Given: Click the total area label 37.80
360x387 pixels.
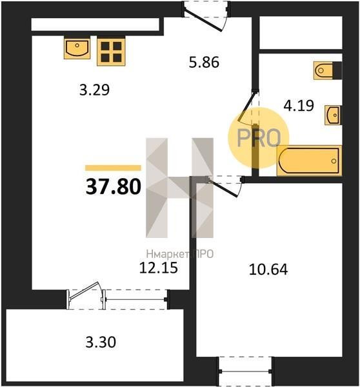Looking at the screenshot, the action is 114,186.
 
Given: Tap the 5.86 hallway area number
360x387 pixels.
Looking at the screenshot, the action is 204,62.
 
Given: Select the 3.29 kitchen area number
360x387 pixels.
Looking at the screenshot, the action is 94,90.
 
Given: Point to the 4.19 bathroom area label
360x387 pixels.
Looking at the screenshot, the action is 299,105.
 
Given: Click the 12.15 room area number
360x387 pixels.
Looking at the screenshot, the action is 159,268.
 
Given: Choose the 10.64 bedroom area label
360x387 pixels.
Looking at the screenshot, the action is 268,269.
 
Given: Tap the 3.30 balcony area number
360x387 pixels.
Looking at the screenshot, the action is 101,342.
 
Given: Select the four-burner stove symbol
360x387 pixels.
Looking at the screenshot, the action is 111,52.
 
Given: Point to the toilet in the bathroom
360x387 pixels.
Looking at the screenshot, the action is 327,70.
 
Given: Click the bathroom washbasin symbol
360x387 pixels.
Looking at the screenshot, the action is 333,115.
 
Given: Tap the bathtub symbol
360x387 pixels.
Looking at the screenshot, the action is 309,161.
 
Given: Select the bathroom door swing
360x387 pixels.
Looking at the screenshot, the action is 248,106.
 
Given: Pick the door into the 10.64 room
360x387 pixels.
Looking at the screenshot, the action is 224,186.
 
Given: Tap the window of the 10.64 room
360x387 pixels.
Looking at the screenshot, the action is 245,372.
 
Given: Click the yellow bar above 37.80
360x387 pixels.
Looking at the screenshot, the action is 113,168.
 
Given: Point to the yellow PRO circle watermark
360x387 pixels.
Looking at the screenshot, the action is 258,138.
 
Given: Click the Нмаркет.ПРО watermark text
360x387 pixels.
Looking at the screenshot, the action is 179,254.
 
